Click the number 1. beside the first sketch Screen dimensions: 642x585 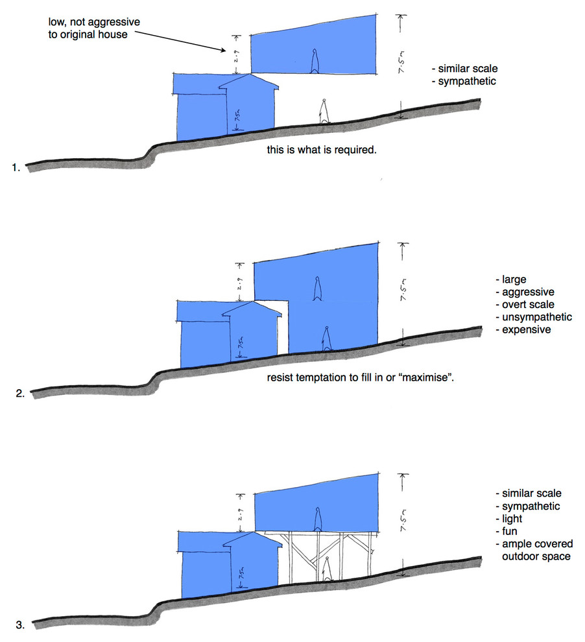16,167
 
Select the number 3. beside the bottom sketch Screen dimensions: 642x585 19,625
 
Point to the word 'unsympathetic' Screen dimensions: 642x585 536,317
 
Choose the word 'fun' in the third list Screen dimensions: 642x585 510,531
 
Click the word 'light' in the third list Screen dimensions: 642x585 512,519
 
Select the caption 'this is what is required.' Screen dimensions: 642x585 322,149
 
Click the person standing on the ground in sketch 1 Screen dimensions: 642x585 323,111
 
